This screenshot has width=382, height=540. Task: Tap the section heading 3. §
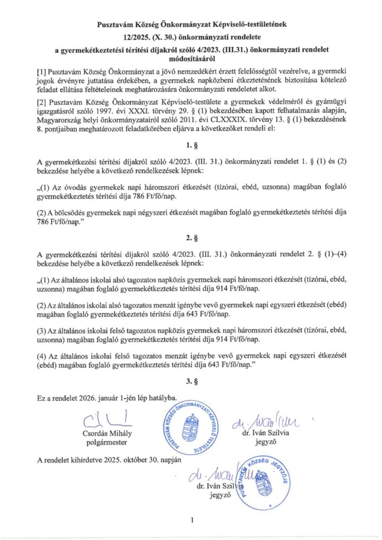click(191, 379)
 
